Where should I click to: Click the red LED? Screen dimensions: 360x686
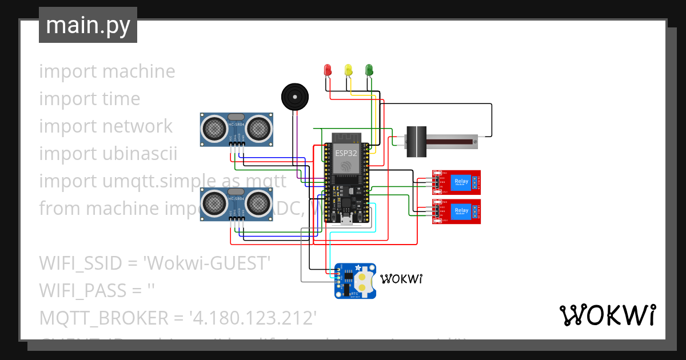[x=328, y=70]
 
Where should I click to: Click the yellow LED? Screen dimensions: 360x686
[x=348, y=70]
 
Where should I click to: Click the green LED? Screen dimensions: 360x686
[x=369, y=70]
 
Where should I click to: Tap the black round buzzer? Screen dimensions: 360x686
[x=295, y=96]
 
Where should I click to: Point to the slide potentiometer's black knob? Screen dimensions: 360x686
[x=416, y=141]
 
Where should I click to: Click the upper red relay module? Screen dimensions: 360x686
[x=456, y=182]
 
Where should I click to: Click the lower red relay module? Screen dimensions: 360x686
[x=456, y=211]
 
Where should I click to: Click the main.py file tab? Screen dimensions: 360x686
[x=88, y=26]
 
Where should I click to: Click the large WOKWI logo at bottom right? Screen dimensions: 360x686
[x=607, y=315]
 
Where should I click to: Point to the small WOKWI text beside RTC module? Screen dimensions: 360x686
[x=401, y=279]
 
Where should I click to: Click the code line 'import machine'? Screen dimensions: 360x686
[x=107, y=71]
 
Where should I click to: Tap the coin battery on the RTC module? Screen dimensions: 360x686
[x=364, y=279]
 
